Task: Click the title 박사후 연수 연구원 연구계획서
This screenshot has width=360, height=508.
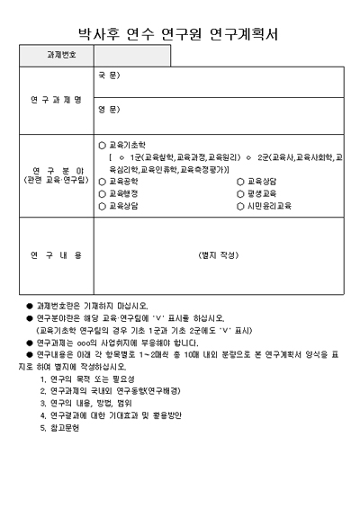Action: coord(179,34)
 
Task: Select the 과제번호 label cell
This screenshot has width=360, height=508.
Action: coord(60,56)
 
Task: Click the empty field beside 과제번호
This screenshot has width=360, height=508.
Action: coord(131,56)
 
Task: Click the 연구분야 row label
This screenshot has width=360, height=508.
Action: coord(56,169)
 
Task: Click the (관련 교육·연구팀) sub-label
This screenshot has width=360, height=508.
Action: coord(56,180)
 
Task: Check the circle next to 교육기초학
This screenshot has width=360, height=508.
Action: coord(102,144)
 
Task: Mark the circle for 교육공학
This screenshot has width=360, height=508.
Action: coord(102,181)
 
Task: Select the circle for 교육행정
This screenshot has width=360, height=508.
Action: coord(102,193)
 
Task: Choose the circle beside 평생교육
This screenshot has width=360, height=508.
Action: coord(240,193)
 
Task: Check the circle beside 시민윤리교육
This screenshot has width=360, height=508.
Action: coord(240,206)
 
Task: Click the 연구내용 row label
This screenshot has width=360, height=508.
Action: coord(56,255)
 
